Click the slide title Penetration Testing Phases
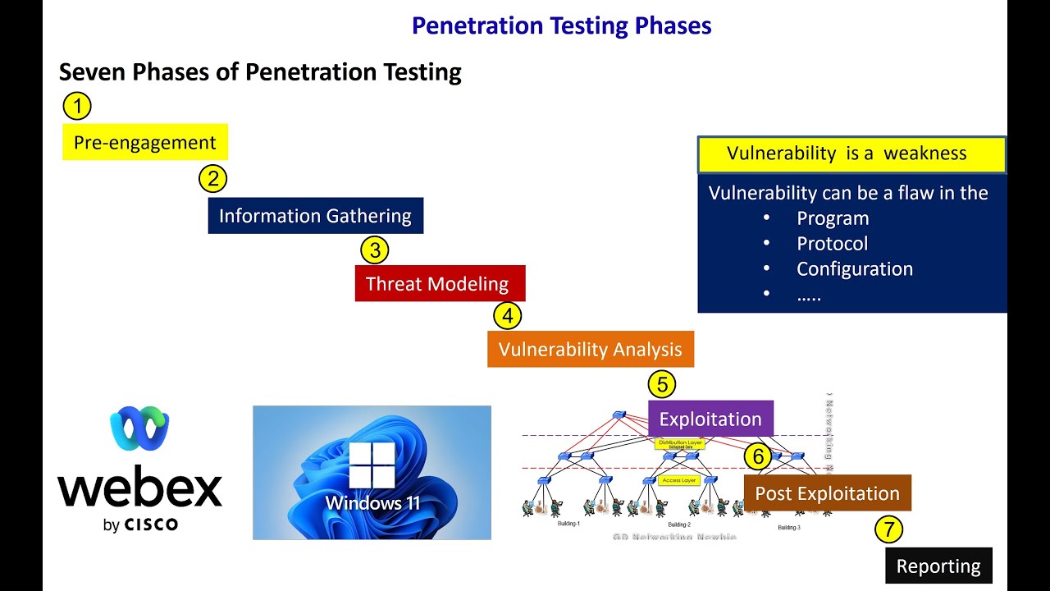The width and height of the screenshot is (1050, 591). tap(561, 25)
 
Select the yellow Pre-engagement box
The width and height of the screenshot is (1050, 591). tap(145, 142)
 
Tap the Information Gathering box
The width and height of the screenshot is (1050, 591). tap(315, 216)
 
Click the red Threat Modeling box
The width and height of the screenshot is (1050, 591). tap(439, 284)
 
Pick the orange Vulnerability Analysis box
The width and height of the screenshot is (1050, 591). tap(590, 349)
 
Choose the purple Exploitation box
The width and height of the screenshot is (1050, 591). tap(710, 419)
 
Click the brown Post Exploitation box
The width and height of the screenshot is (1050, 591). tap(827, 493)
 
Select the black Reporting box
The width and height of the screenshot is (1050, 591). tap(938, 566)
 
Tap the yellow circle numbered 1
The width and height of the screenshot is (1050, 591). tap(77, 106)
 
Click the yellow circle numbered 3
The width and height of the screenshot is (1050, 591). tap(375, 250)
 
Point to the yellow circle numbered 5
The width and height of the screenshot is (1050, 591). tap(662, 384)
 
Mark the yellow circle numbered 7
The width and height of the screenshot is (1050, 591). tap(888, 529)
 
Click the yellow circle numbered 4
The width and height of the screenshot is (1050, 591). tap(508, 316)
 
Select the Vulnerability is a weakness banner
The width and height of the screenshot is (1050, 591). tap(851, 154)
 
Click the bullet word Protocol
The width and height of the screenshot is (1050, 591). tap(832, 244)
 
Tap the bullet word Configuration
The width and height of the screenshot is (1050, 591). tap(854, 269)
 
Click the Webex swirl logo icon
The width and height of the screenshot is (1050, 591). tap(139, 428)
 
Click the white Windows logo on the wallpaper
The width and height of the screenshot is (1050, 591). tap(372, 465)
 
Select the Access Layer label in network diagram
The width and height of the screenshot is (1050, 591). tap(678, 480)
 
